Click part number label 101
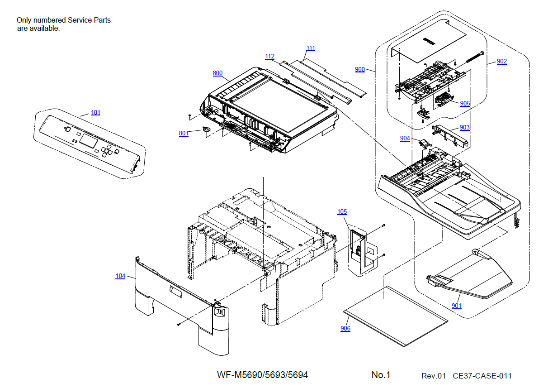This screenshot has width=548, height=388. (95, 113)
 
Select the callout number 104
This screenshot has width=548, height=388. (120, 276)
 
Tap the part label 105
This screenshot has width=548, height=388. (342, 212)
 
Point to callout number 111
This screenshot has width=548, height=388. (311, 48)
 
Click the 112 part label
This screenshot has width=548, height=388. (269, 57)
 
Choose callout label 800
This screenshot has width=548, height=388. (217, 73)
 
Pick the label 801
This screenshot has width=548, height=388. (184, 133)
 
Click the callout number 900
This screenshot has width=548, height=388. (360, 69)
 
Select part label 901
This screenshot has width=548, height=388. (457, 306)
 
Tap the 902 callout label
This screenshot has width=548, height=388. (501, 62)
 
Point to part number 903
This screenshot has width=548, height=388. (464, 128)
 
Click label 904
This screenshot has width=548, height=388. (405, 138)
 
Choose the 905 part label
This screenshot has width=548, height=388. (465, 103)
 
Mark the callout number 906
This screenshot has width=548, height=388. (345, 329)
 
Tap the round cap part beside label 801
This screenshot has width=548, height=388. (207, 130)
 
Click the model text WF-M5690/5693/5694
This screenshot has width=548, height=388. (262, 375)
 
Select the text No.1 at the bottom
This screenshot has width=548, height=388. (381, 375)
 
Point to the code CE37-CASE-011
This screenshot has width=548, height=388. (482, 376)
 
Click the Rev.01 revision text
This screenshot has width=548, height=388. (433, 376)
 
